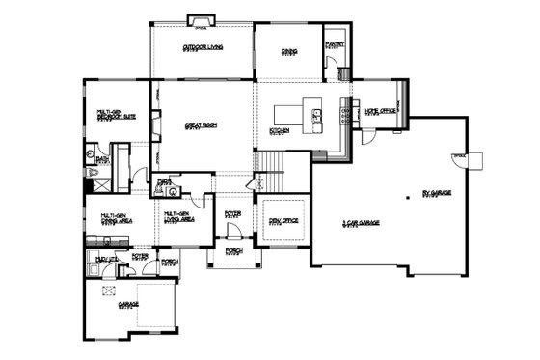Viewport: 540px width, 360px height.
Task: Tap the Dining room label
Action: point(288,50)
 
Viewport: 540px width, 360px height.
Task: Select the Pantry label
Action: point(336,43)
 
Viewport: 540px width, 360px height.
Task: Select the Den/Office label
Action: point(282,220)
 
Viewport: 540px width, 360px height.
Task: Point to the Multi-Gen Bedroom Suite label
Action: point(114,116)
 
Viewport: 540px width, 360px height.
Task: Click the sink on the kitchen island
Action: point(316,116)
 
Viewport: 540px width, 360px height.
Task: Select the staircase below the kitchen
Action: point(275,174)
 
